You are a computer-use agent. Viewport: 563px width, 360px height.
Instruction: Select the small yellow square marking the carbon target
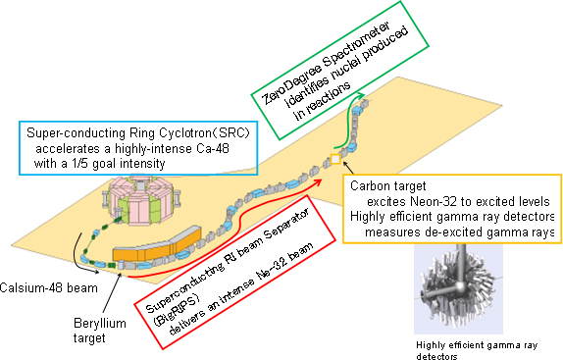pyautogui.click(x=333, y=160)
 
